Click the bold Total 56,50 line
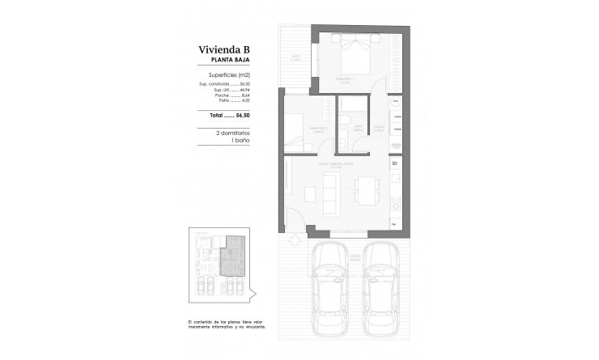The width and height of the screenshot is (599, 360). click(x=232, y=115)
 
